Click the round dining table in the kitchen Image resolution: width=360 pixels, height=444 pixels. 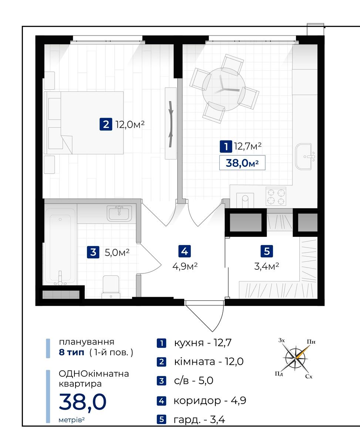tap(223, 90)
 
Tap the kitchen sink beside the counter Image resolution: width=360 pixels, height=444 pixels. tap(303, 157)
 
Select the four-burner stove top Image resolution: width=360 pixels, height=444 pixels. tap(276, 196)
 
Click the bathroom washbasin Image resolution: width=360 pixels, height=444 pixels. tap(119, 213)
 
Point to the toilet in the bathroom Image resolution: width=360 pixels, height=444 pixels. tap(111, 287)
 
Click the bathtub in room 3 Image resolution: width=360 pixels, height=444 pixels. tap(60, 245)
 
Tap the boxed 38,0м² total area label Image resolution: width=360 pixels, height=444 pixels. tap(242, 163)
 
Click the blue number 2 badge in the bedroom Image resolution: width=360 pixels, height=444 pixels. tap(106, 124)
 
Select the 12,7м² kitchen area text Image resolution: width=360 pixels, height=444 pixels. tap(248, 146)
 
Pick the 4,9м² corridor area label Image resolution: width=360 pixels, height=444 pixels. tap(185, 266)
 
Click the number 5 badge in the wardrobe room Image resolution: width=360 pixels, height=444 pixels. tap(267, 251)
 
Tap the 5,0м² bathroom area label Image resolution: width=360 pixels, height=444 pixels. tap(117, 252)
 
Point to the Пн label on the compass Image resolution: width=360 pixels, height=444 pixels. tap(311, 342)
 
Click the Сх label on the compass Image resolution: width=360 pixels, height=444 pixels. tap(309, 376)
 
